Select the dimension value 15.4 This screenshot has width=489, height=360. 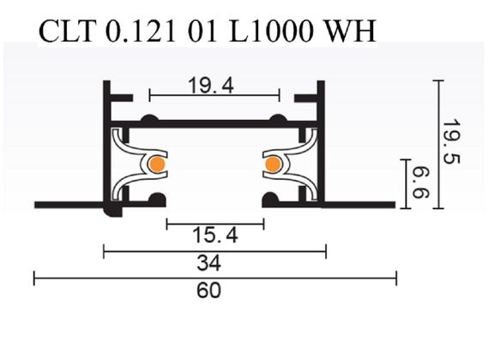coord(214,237)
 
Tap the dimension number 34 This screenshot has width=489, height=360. coord(214,262)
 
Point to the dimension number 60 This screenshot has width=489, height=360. coord(214,290)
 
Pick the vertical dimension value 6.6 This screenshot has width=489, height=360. coord(423,182)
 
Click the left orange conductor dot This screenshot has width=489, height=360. coord(157,164)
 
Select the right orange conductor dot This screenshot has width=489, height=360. coord(273,164)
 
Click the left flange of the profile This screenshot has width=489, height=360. coord(69,205)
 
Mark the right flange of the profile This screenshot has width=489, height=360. coord(360,205)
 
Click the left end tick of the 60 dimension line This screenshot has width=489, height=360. coord(34,277)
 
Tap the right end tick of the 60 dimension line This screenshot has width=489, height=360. coord(396,277)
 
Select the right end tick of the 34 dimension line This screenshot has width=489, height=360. coord(326,250)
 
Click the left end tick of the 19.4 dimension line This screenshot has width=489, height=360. coord(150,93)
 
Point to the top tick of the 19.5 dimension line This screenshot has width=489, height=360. coord(438,81)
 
